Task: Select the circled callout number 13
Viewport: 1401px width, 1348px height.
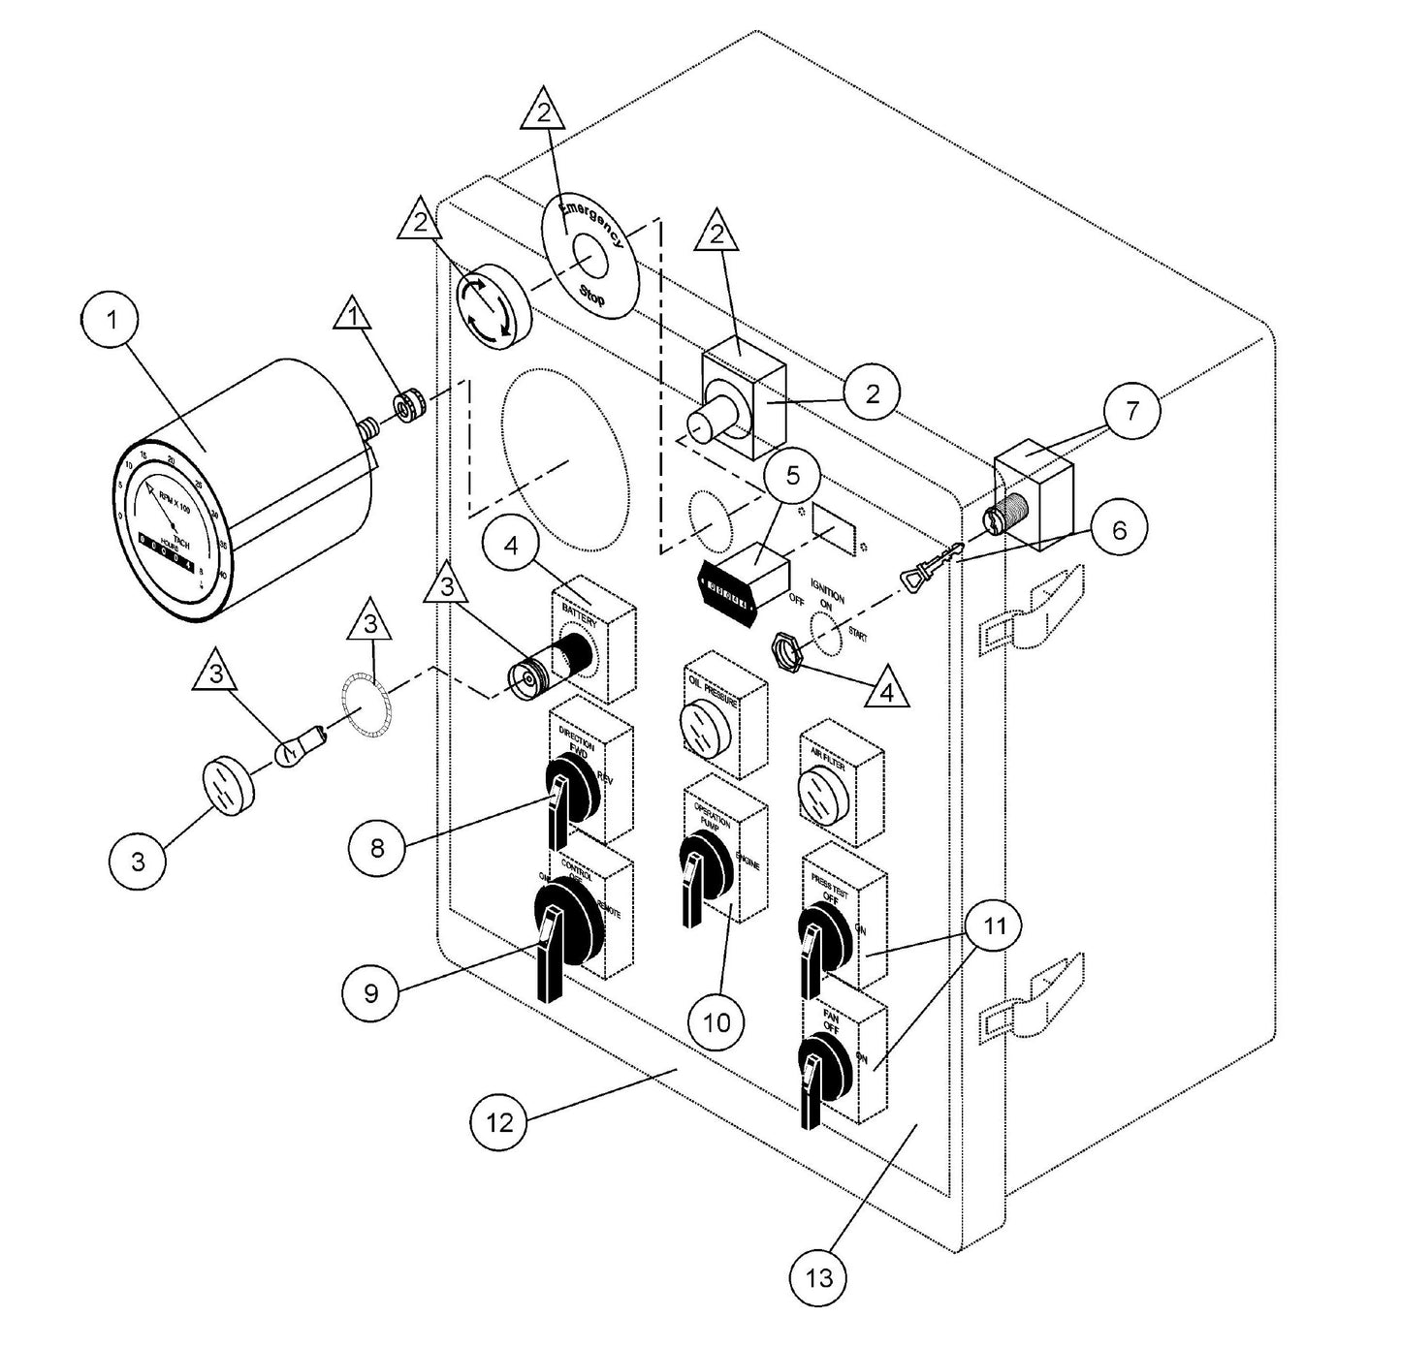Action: click(x=819, y=1278)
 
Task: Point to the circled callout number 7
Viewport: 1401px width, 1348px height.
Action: click(x=1131, y=410)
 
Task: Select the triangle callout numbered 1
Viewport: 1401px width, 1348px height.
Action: click(x=353, y=317)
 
